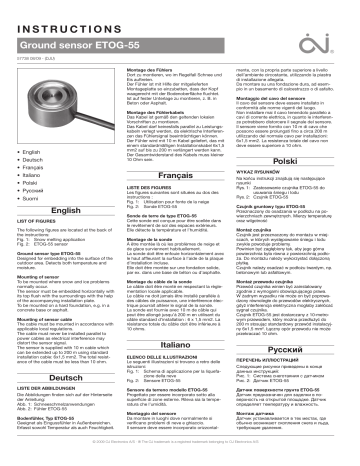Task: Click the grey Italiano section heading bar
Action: click(181, 341)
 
